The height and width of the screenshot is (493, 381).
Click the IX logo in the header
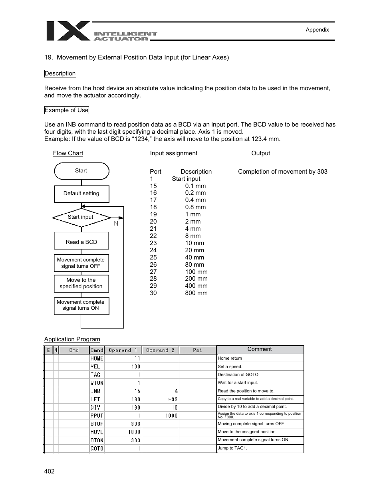tap(68, 31)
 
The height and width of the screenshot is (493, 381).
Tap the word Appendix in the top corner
tap(317, 30)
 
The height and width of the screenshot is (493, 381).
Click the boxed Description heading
tap(60, 73)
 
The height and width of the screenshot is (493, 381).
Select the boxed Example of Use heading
tap(66, 110)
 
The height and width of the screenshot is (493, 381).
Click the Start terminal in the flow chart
tap(81, 171)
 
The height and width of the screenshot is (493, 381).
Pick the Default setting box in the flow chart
tap(81, 194)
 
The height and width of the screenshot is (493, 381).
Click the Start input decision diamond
tap(81, 217)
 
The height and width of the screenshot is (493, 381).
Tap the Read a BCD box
tap(81, 242)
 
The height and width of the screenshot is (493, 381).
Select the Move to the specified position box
tap(81, 283)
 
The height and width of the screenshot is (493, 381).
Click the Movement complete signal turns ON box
tap(81, 305)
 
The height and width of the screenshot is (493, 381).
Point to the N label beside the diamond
tap(116, 224)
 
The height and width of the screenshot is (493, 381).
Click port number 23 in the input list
tap(153, 243)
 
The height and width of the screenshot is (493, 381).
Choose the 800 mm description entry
tap(196, 293)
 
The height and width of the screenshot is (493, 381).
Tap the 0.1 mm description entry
tap(195, 186)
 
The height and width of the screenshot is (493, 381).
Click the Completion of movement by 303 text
tap(282, 172)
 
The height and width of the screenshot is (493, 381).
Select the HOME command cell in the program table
tap(97, 358)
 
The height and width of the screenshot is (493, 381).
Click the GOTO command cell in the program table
tap(97, 448)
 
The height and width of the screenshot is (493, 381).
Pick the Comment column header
tap(260, 349)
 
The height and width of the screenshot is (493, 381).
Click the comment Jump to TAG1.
tap(232, 448)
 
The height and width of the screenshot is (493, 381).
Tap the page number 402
tap(50, 471)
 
